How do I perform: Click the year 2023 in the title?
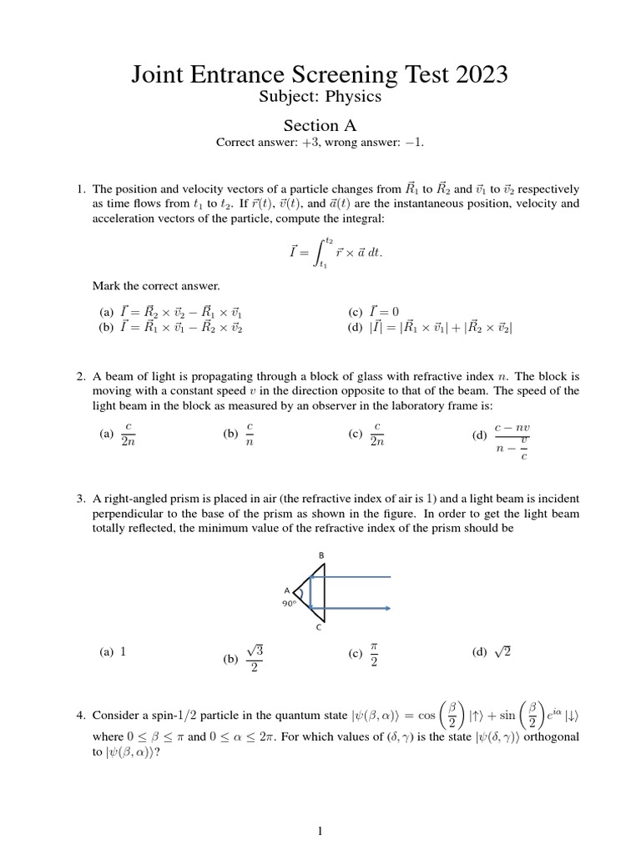[476, 75]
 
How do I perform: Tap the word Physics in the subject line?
[355, 97]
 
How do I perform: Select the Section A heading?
[320, 126]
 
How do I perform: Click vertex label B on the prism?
[322, 555]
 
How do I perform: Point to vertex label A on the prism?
[286, 589]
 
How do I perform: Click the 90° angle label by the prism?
[290, 603]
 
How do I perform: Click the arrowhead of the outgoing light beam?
[387, 608]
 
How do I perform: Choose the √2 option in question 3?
[502, 652]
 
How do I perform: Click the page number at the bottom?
[320, 831]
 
